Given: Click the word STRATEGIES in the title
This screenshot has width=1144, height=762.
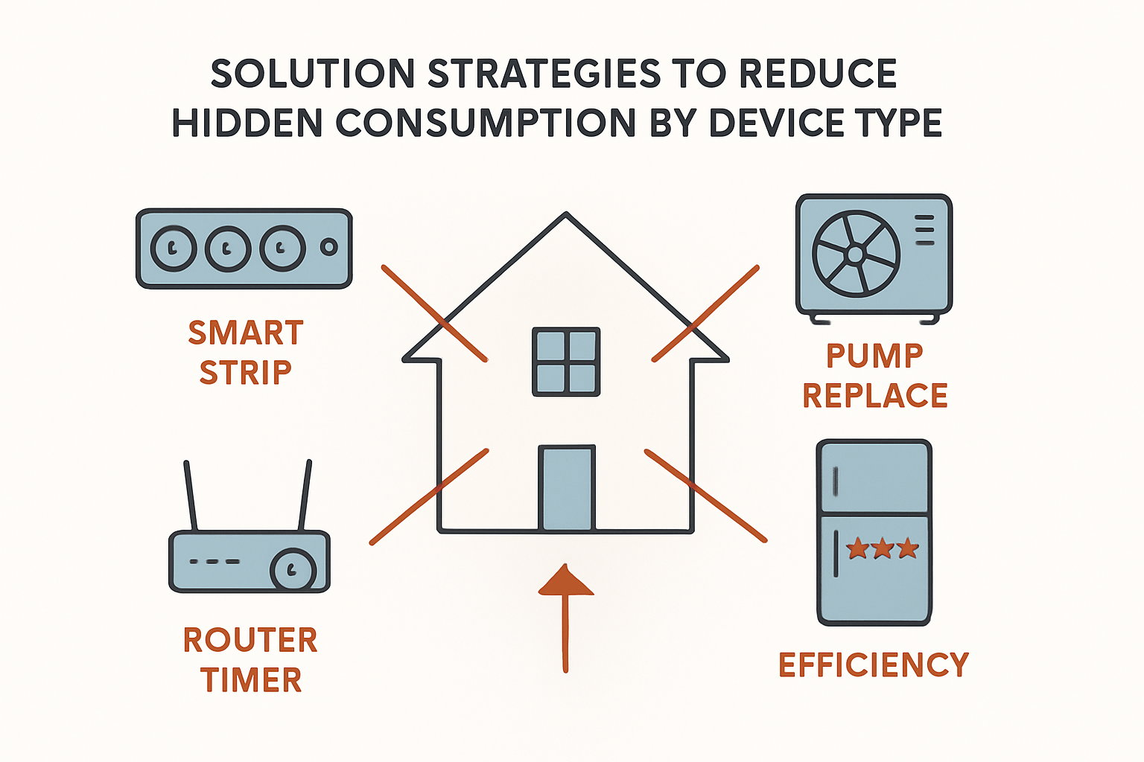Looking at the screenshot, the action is pos(544,74).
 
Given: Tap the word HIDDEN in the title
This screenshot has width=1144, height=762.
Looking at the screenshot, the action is pos(248,123).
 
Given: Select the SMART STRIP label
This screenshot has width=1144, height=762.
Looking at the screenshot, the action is pos(246,352).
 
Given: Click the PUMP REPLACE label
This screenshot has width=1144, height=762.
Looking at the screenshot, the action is pos(875,376).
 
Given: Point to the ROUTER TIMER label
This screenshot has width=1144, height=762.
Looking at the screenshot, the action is pos(251,660).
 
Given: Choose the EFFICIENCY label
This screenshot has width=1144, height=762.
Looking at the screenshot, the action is pos(874,664).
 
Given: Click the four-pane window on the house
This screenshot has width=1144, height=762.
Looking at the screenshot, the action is pos(566,362).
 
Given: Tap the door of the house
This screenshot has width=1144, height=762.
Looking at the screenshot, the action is pos(567,488).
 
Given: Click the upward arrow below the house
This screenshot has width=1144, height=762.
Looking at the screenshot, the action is pos(565,618).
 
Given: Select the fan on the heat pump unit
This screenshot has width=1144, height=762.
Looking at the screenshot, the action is pos(856,254).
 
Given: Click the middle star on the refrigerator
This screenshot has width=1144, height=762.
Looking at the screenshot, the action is pos(883,548).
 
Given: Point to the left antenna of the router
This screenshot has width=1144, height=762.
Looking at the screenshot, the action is pos(191,496).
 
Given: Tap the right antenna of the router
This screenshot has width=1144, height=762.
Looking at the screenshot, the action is pos(305,496).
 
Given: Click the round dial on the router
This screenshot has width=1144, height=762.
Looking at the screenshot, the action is pos(293,570).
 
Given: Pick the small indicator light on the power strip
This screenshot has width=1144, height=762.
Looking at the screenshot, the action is pos(329,247).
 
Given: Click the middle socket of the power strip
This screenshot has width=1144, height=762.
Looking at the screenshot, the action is pos(228,249).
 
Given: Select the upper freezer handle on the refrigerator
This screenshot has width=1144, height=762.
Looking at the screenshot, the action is pos(836,481).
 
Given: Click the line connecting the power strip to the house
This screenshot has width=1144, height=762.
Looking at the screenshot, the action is pos(435,313).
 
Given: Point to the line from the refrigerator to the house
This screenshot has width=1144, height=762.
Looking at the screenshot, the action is pos(706,496).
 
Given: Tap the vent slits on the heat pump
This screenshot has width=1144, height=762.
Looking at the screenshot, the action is pos(924,230).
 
